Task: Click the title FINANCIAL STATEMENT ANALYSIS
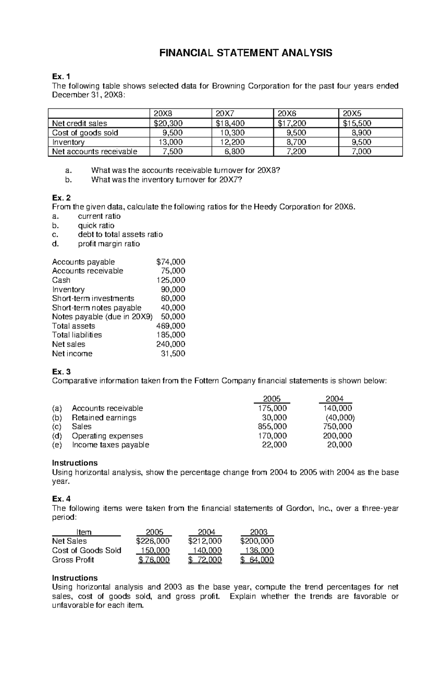[245, 53]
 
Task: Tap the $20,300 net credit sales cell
[168, 123]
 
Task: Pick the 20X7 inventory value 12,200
[231, 142]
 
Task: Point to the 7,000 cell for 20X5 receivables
[361, 152]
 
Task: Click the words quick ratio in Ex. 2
[96, 225]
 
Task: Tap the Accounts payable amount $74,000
[171, 262]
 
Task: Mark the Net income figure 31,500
[173, 353]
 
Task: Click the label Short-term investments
[93, 298]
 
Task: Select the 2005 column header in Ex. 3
[272, 399]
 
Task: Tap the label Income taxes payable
[110, 445]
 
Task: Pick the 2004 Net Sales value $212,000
[205, 541]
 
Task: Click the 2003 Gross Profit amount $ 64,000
[257, 560]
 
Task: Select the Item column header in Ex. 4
[84, 532]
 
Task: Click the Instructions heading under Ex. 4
[75, 578]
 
